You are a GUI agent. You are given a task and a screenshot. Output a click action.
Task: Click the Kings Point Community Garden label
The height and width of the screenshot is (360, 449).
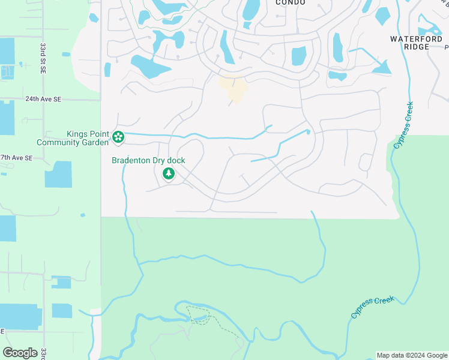pyautogui.click(x=72, y=138)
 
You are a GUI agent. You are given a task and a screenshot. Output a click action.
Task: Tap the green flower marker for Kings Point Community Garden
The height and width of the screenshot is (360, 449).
pyautogui.click(x=119, y=138)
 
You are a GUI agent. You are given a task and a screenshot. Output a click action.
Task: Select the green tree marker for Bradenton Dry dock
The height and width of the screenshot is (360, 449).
pyautogui.click(x=169, y=174)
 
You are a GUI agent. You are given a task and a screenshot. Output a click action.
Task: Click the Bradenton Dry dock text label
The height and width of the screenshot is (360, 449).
pyautogui.click(x=148, y=161)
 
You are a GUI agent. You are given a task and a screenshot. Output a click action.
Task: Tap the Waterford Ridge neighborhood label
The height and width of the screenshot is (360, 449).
pyautogui.click(x=416, y=43)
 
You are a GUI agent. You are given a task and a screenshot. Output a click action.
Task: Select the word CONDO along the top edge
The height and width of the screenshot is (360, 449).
pyautogui.click(x=291, y=3)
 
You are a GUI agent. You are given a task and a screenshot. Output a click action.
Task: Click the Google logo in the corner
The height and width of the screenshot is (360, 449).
pyautogui.click(x=20, y=352)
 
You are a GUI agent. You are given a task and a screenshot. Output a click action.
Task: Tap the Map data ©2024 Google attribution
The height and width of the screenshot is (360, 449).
pyautogui.click(x=412, y=355)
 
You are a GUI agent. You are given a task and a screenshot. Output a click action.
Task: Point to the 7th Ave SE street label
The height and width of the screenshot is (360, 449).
pyautogui.click(x=16, y=158)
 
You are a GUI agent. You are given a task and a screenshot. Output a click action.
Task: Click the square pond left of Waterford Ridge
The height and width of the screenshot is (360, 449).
pyautogui.click(x=299, y=56)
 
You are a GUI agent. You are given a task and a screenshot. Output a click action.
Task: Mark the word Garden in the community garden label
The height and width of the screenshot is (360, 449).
pyautogui.click(x=95, y=143)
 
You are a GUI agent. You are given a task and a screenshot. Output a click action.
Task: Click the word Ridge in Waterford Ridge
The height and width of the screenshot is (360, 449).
pyautogui.click(x=417, y=47)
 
